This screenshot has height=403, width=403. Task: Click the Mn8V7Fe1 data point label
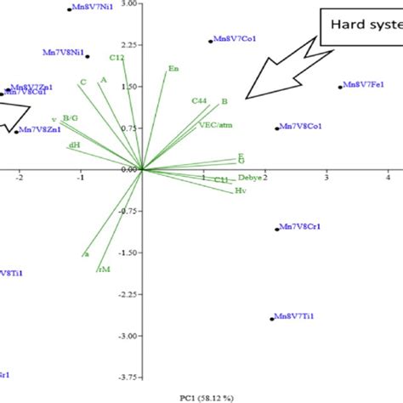(x=367, y=86)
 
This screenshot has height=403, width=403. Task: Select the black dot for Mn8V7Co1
(x=211, y=41)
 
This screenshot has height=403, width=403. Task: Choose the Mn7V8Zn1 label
(x=42, y=130)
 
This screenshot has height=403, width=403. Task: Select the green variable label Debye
(x=250, y=178)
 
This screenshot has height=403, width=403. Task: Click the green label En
(x=173, y=68)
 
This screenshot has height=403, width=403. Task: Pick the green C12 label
(x=117, y=57)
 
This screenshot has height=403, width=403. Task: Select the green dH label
(x=74, y=145)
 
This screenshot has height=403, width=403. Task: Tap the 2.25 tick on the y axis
(x=129, y=45)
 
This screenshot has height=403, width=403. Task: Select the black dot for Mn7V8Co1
(x=277, y=128)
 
